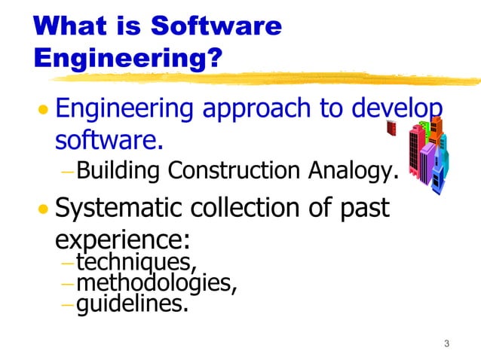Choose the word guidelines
point(133,306)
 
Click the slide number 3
point(446,345)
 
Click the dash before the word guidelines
point(67,306)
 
